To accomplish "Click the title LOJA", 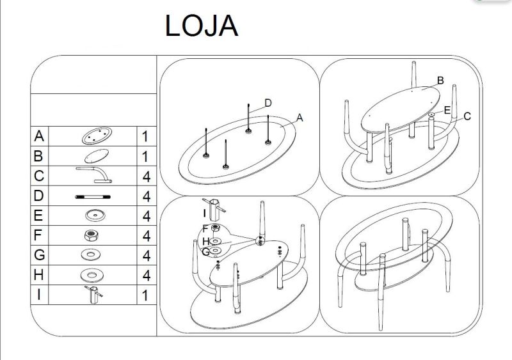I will click(202, 26).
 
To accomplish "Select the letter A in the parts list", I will click(40, 136).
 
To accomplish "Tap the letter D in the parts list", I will click(40, 196).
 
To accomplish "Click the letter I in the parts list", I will click(40, 295).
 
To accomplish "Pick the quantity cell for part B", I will click(146, 156).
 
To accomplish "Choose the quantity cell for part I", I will click(146, 295).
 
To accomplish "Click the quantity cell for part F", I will click(146, 235).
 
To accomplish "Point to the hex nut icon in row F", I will click(93, 235).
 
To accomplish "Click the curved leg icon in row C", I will click(93, 175).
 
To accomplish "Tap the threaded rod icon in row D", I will click(93, 196).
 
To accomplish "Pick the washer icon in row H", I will click(93, 275).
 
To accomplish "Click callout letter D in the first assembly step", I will click(268, 103).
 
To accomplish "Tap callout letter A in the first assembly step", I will click(300, 118).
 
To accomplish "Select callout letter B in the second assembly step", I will click(440, 81).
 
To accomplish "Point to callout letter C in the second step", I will click(467, 116).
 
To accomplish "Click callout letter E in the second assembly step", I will click(447, 110).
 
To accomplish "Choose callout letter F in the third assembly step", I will click(205, 228).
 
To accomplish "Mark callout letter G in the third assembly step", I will click(205, 252).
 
